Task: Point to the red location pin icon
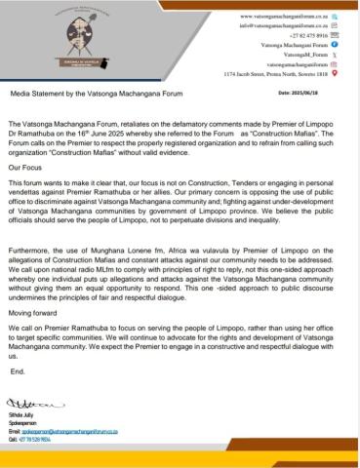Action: point(335,72)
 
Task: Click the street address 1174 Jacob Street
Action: point(276,72)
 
